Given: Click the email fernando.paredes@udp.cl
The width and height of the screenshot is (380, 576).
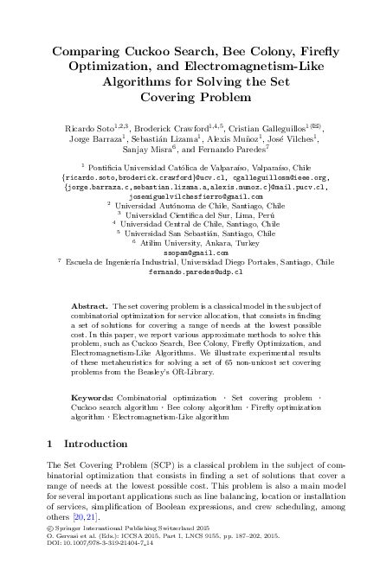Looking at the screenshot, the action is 190,271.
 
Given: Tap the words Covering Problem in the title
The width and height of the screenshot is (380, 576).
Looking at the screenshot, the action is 190,96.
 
